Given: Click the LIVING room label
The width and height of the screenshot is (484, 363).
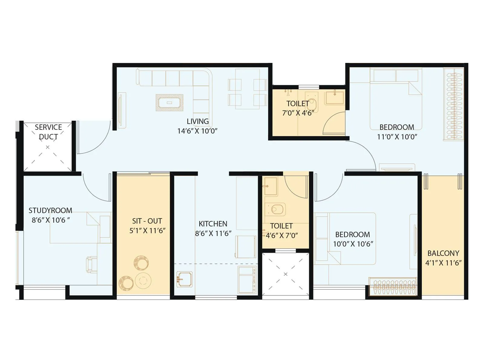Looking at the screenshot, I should pyautogui.click(x=198, y=121).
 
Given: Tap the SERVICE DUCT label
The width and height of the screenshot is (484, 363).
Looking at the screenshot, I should pyautogui.click(x=48, y=132).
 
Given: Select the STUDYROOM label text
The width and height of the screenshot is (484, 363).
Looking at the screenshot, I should pyautogui.click(x=50, y=210).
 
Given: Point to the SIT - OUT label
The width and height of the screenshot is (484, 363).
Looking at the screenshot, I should pyautogui.click(x=147, y=221).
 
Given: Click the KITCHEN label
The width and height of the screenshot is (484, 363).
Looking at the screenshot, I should pyautogui.click(x=213, y=224).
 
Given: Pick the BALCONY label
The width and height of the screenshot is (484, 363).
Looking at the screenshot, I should pyautogui.click(x=443, y=253).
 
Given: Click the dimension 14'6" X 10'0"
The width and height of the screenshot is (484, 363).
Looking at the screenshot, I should pyautogui.click(x=197, y=131).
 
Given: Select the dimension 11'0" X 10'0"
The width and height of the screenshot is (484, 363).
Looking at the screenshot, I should pyautogui.click(x=397, y=137).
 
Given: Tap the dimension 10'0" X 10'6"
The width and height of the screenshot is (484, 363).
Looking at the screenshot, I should pyautogui.click(x=353, y=244).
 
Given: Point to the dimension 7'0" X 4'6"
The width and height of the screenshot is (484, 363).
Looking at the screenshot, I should pyautogui.click(x=298, y=113).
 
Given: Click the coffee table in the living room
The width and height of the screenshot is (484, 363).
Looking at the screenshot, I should pyautogui.click(x=169, y=103).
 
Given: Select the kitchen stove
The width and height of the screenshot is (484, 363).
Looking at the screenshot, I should pyautogui.click(x=247, y=280).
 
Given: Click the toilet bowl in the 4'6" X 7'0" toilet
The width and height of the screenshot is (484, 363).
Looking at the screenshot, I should pyautogui.click(x=276, y=209).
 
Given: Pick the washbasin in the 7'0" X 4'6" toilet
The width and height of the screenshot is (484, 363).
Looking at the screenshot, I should pyautogui.click(x=335, y=97).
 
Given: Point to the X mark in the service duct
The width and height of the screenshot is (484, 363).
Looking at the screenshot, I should pyautogui.click(x=47, y=147).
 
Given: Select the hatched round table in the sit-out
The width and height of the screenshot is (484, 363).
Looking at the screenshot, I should pyautogui.click(x=141, y=263).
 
